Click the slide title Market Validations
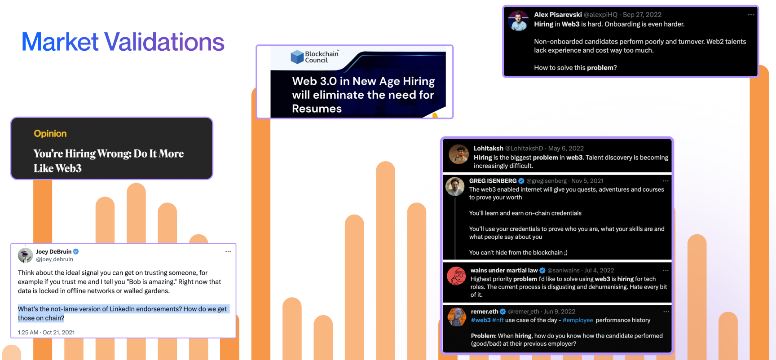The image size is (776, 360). [x=123, y=42]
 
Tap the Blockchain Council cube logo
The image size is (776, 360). [x=297, y=57]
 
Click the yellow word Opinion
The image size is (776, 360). [x=50, y=134]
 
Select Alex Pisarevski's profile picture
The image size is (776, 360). [x=519, y=21]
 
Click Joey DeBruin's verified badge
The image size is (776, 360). [x=76, y=252]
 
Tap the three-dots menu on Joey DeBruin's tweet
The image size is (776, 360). [x=228, y=251]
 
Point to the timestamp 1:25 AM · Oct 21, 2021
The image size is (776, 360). [x=46, y=333]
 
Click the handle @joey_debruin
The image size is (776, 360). [x=54, y=259]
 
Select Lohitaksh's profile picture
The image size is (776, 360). [x=459, y=154]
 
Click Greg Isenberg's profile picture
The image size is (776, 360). [x=455, y=186]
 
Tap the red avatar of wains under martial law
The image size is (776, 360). [x=457, y=276]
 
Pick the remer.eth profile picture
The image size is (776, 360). [x=457, y=317]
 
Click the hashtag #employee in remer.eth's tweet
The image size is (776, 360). [x=578, y=320]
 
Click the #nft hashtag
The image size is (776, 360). [x=498, y=320]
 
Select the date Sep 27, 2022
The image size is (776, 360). [x=642, y=15]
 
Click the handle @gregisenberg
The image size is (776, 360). [x=547, y=181]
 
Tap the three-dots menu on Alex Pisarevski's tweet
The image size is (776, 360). [x=751, y=15]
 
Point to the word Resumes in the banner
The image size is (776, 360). [x=317, y=109]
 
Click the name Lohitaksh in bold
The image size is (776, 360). [x=489, y=148]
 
